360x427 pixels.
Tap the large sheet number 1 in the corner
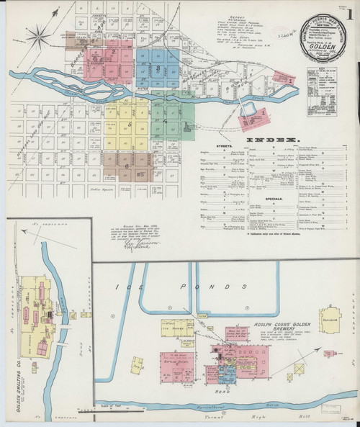[348, 14]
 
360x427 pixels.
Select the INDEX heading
[272, 139]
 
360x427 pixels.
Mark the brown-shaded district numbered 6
[127, 166]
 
